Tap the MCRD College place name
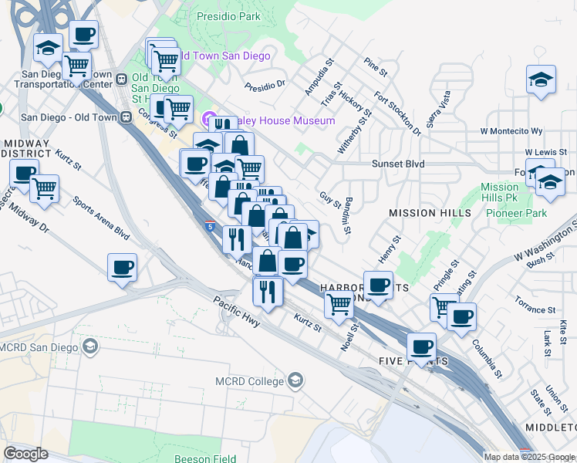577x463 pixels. [248, 380]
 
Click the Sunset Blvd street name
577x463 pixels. [397, 164]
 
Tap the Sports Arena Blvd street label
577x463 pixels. [100, 218]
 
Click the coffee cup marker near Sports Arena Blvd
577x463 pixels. [122, 268]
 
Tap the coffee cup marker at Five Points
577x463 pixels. [422, 346]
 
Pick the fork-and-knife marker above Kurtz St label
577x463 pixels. [268, 291]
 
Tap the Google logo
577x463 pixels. [25, 453]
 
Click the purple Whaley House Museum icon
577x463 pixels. [208, 120]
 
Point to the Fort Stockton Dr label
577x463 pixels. [397, 114]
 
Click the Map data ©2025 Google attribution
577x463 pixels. [528, 457]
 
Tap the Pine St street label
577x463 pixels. [376, 67]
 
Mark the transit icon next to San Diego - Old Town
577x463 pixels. [125, 117]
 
